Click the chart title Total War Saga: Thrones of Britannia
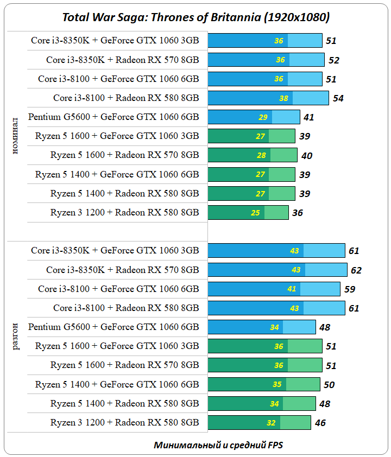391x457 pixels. point(196,17)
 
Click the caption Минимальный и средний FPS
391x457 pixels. point(218,445)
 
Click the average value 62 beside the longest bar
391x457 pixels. point(356,270)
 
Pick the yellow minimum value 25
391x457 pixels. point(255,213)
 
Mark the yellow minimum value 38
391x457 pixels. point(283,98)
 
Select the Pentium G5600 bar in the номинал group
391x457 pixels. point(254,117)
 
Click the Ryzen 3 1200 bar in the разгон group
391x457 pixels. point(259,422)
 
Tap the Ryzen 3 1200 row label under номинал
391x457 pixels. point(124,212)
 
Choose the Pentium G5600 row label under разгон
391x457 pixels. point(113,327)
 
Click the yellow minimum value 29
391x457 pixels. point(263,117)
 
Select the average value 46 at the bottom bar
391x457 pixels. point(320,423)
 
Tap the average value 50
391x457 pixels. point(329,385)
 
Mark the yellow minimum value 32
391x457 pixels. point(271,423)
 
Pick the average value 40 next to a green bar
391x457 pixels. point(306,156)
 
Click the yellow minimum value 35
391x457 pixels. point(277,385)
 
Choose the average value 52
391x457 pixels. point(333,60)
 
